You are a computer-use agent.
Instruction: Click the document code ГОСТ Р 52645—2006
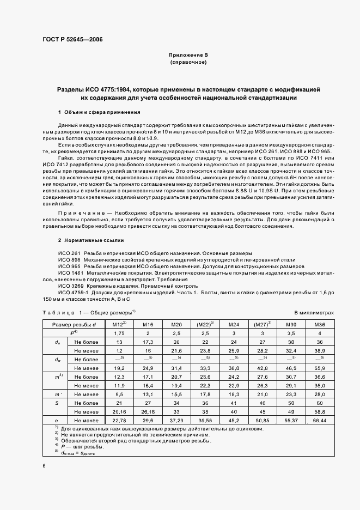[72, 40]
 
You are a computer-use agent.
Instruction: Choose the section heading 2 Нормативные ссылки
[91, 240]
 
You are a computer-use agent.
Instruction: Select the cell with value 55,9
[320, 368]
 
